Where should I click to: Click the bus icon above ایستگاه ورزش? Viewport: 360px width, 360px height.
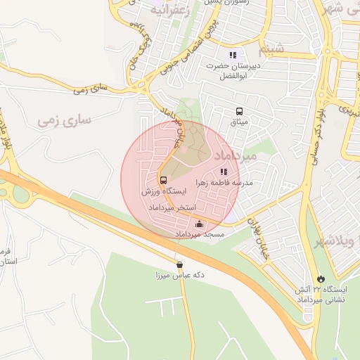(x=163, y=180)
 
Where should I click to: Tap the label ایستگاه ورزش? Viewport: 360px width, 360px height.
(x=164, y=191)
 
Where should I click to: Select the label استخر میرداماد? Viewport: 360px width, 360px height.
(x=170, y=209)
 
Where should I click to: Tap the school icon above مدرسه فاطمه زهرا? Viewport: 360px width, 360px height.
(x=224, y=171)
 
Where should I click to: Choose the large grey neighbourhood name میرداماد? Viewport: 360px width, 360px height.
(x=228, y=153)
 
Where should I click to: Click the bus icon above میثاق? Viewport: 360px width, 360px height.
(x=239, y=111)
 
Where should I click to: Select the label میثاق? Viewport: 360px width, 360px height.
(x=239, y=122)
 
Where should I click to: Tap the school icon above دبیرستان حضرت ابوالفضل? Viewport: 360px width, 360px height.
(x=233, y=55)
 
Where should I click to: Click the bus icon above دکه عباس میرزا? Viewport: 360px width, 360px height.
(x=180, y=265)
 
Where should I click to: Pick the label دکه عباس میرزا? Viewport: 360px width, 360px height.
(x=180, y=276)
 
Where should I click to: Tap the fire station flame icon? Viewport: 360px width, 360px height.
(x=321, y=279)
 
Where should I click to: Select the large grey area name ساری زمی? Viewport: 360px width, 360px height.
(x=65, y=120)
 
